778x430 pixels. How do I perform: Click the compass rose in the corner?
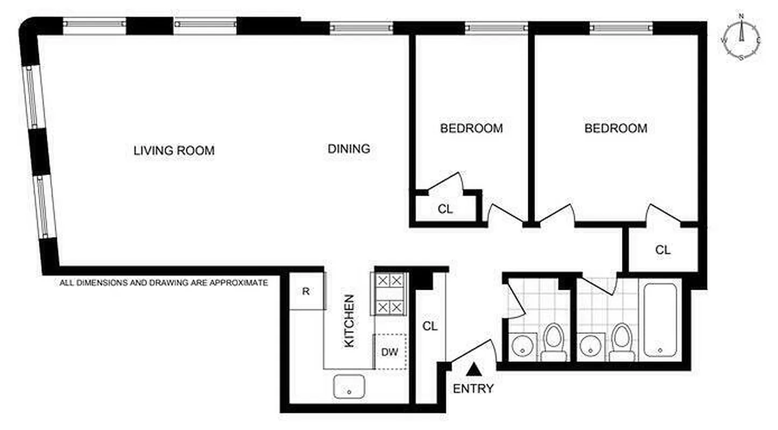[x=741, y=37]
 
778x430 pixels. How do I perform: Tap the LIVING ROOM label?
[x=174, y=151]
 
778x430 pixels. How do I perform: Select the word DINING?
[x=349, y=149]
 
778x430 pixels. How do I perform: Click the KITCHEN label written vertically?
[x=349, y=320]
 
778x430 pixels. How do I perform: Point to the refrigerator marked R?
[x=306, y=292]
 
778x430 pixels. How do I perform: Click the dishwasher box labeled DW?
[x=390, y=353]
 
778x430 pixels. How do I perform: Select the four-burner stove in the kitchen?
[x=388, y=293]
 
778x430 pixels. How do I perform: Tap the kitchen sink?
[x=349, y=386]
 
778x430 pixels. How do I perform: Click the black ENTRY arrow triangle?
[x=473, y=369]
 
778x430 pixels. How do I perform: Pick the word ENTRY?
[x=473, y=389]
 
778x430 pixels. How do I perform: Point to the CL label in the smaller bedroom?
[x=445, y=210]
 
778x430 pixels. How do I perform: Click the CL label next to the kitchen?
[x=429, y=326]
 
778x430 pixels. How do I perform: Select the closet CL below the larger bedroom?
[x=663, y=250]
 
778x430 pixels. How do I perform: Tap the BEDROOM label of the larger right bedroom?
[x=616, y=128]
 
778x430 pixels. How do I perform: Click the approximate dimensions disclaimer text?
[x=164, y=282]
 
